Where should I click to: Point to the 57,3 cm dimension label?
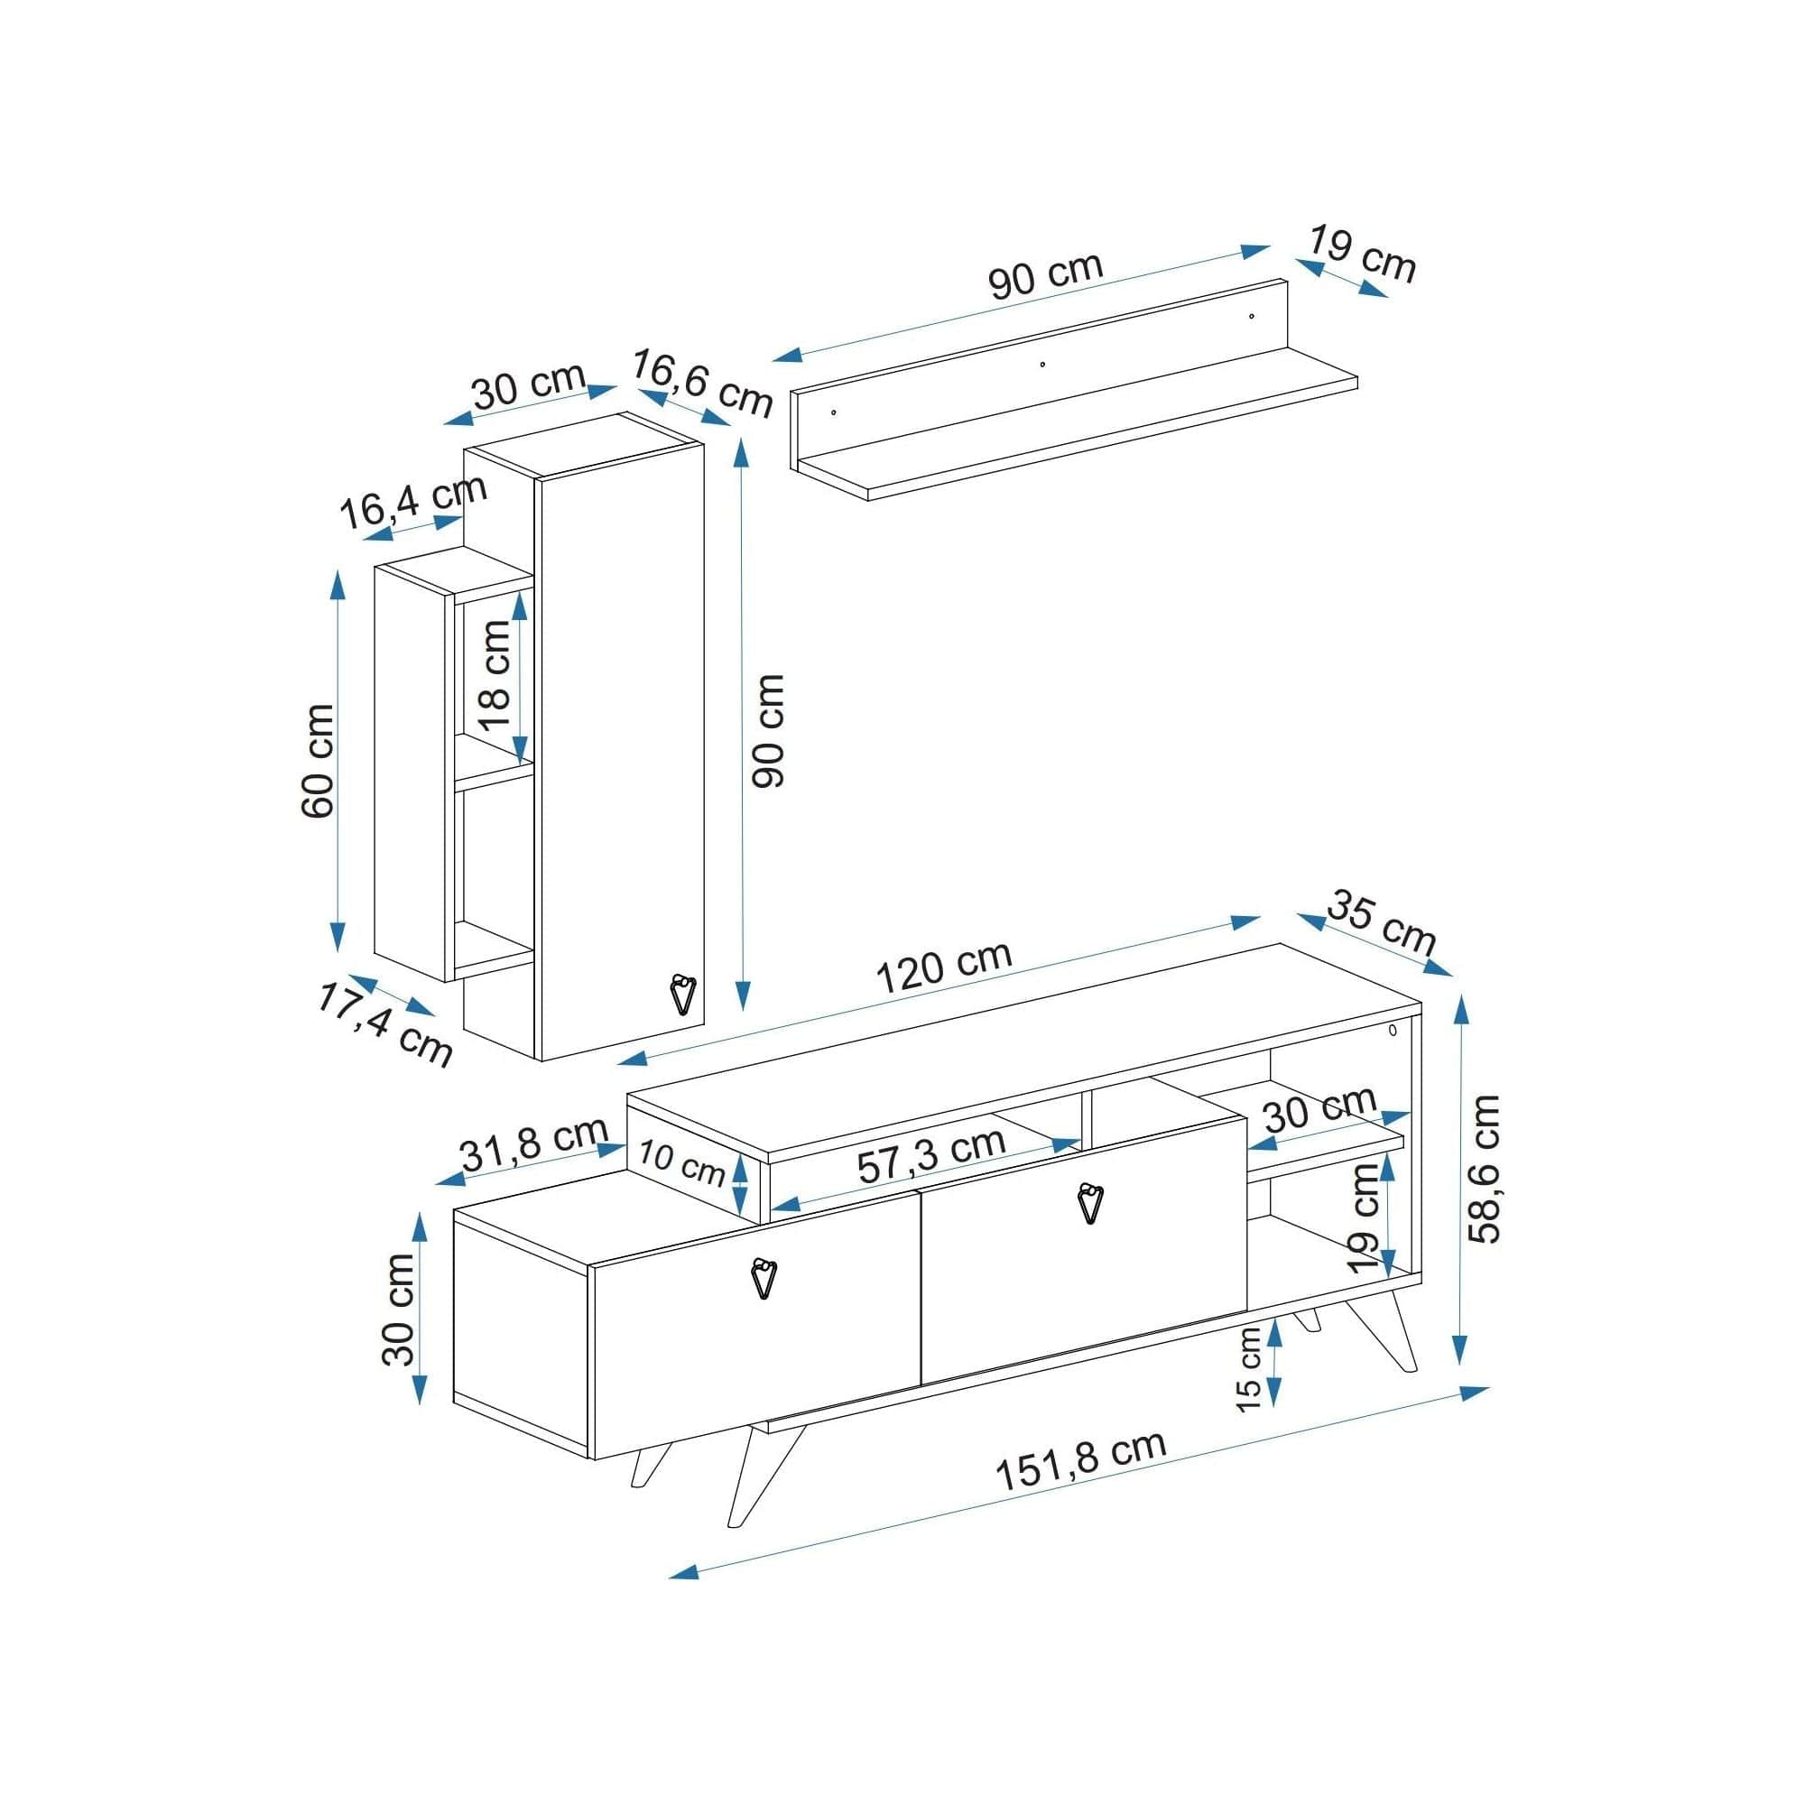tap(931, 1157)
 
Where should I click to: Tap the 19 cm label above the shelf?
tap(1362, 254)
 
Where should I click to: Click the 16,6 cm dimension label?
tap(702, 384)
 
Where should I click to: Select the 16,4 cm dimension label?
tap(413, 502)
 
